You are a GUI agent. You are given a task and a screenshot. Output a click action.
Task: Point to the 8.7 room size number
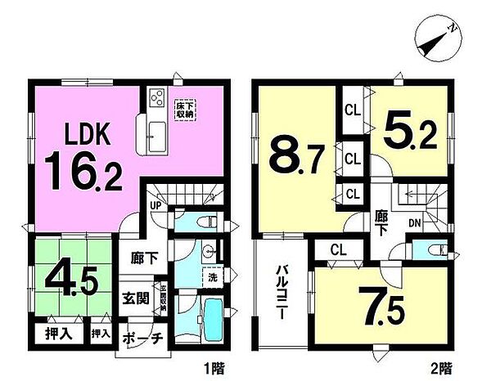297,152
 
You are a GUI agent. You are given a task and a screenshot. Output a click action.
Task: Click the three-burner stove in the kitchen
156,100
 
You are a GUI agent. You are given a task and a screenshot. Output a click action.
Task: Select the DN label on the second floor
414,222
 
